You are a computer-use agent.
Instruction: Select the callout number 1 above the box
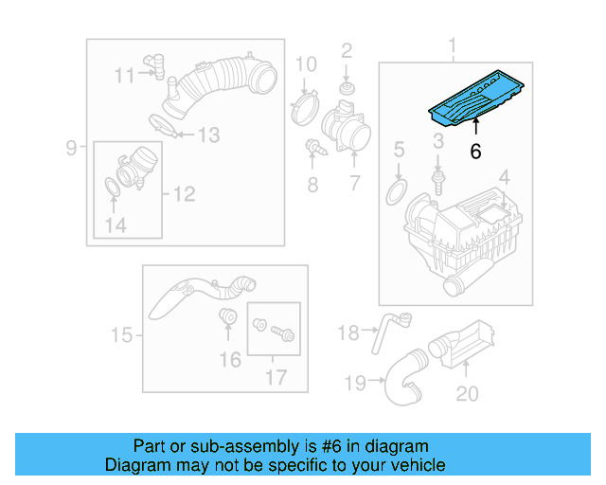click(x=453, y=45)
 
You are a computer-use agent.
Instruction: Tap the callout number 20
click(x=467, y=393)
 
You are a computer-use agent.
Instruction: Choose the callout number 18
click(x=348, y=332)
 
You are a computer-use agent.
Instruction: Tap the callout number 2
click(x=347, y=50)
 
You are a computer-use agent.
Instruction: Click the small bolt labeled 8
click(x=312, y=148)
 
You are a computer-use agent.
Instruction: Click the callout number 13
click(x=206, y=135)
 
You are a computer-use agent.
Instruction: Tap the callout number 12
click(x=183, y=194)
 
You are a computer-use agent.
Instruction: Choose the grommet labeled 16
click(x=227, y=316)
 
